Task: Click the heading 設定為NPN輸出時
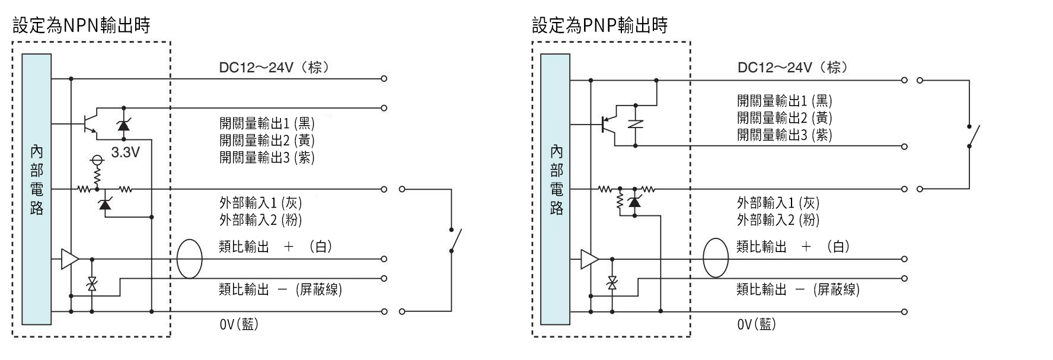81,26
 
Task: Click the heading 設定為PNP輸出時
599,26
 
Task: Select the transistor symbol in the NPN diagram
89,123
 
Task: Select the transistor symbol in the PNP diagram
608,124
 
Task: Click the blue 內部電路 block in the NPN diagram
37,189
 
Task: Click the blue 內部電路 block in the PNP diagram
556,189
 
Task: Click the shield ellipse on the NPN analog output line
190,259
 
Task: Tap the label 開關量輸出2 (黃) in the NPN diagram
267,141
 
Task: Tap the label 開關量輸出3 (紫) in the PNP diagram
784,135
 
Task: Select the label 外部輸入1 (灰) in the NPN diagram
261,203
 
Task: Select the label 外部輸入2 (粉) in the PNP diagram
778,220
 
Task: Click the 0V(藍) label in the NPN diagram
239,324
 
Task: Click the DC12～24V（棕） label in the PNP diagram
792,68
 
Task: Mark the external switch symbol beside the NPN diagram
454,240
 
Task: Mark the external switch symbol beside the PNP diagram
972,136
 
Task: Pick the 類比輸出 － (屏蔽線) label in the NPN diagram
280,289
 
